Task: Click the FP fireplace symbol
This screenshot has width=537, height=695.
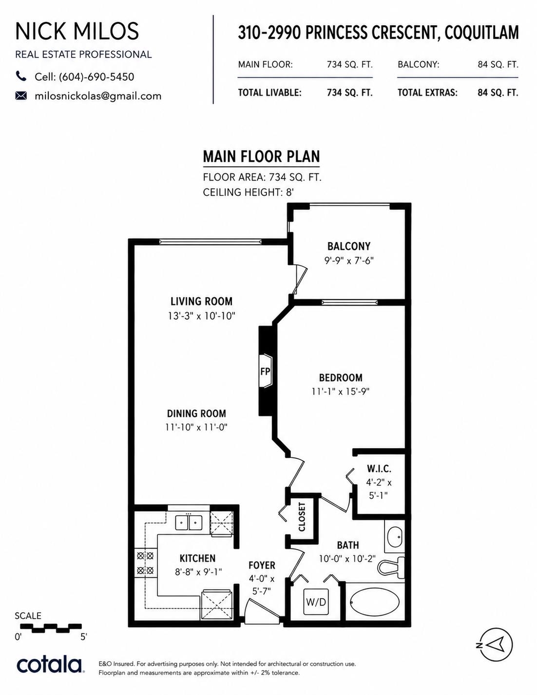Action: (x=265, y=371)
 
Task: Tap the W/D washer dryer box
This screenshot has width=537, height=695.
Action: (x=316, y=602)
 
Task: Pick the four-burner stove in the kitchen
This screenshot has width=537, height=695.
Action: (x=145, y=563)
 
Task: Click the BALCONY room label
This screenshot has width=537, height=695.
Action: (x=349, y=246)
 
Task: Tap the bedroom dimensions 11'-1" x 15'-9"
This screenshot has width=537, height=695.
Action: (x=341, y=392)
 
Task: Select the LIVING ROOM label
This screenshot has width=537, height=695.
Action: (x=201, y=301)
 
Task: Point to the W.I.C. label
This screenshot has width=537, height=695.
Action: (x=379, y=469)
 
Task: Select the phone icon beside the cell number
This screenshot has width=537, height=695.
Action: (x=21, y=76)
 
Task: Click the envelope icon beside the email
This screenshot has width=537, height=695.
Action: (x=21, y=95)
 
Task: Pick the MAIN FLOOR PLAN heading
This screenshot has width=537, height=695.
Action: (x=262, y=157)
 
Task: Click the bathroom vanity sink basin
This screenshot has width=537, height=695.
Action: (x=394, y=538)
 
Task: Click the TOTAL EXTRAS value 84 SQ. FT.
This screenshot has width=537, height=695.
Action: (x=498, y=93)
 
